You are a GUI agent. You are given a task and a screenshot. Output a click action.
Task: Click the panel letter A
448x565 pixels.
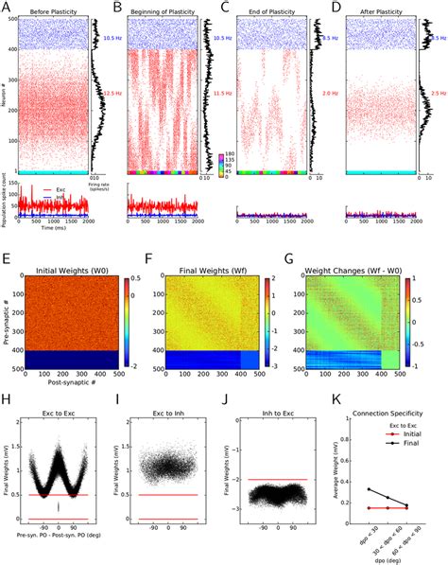[7, 8]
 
